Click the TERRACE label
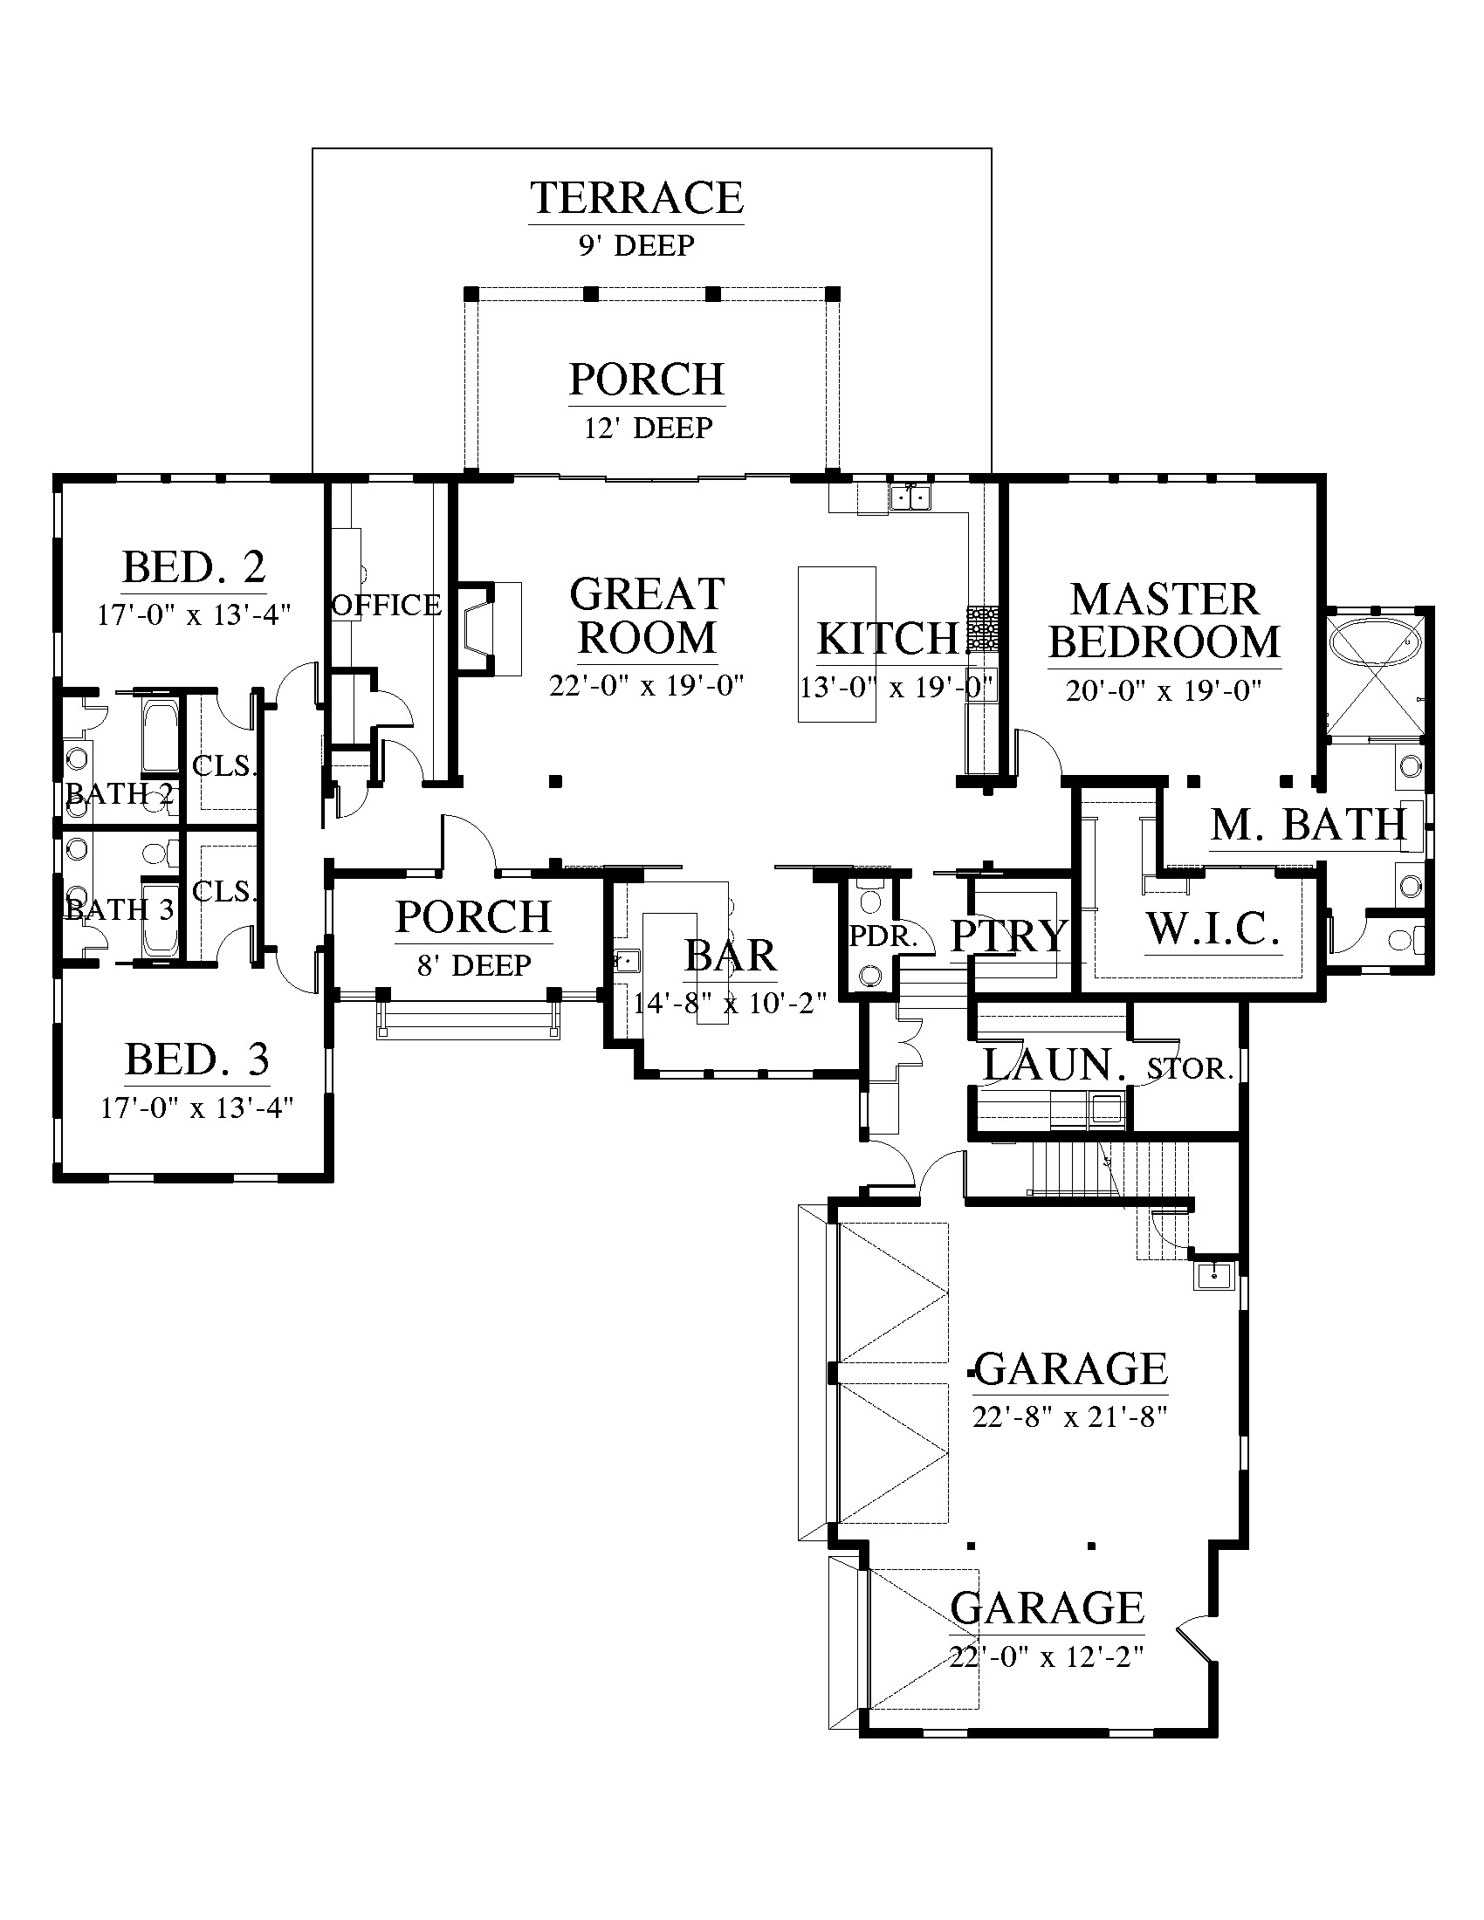pos(636,198)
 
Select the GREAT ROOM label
pos(647,615)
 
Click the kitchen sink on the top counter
pos(910,497)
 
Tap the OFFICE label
pos(386,605)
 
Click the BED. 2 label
pos(194,567)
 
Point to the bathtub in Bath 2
pos(160,738)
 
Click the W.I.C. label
pos(1213,929)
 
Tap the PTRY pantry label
pos(1009,936)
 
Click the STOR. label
pos(1191,1069)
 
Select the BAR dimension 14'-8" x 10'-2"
pos(731,1002)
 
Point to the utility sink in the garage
pos(1214,1275)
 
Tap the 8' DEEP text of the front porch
pos(474,965)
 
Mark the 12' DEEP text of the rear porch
pos(648,429)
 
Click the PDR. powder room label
pos(883,937)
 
